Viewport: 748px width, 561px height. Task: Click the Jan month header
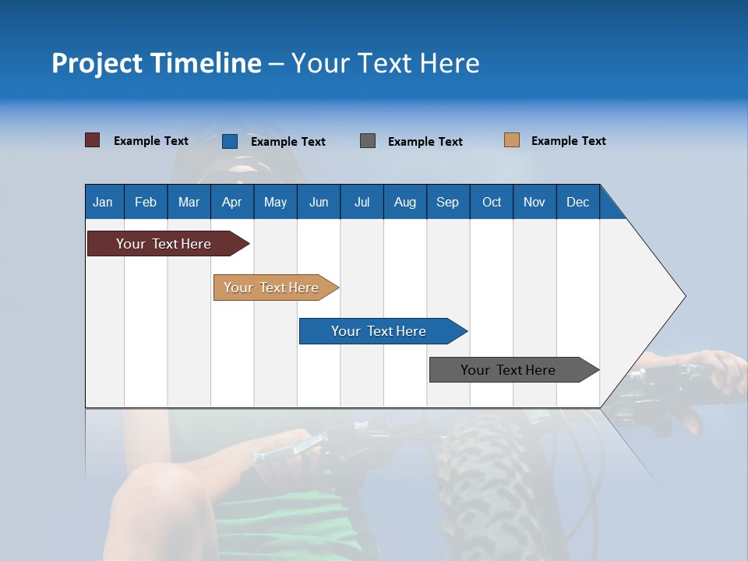pos(104,202)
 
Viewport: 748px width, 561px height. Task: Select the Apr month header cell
pos(232,202)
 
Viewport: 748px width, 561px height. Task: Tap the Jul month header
pos(362,202)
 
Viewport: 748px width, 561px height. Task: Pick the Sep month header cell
pos(448,202)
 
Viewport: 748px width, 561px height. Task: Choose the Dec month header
pos(578,202)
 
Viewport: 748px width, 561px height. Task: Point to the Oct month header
pos(492,202)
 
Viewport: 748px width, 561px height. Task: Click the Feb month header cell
pos(146,202)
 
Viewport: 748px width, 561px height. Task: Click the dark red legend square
pos(93,140)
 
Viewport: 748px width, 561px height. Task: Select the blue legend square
pos(230,141)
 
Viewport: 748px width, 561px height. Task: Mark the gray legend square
pos(368,141)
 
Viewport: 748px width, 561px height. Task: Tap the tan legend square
pos(512,140)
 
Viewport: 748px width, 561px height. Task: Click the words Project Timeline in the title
pos(157,63)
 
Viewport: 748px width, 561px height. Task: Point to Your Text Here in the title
pos(386,63)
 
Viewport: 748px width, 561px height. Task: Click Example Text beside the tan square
pos(568,141)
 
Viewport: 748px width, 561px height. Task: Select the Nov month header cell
pos(535,202)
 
